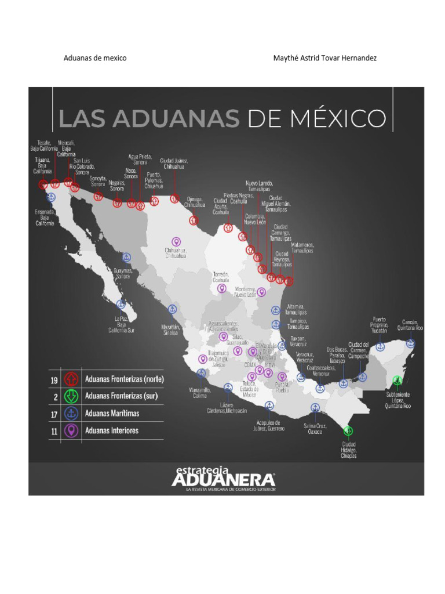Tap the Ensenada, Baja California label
pos(45,218)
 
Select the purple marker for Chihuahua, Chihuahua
pos(176,241)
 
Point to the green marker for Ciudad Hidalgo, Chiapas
pos(348,430)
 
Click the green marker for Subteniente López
pos(397,381)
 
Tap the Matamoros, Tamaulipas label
pos(302,248)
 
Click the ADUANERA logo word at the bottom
pos(223,480)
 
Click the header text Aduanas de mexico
pos(95,59)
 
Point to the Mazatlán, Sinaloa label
pos(170,329)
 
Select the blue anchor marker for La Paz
pos(121,303)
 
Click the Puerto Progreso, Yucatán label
pos(380,326)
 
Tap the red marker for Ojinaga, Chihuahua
pos(194,220)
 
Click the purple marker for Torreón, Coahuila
pos(221,288)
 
